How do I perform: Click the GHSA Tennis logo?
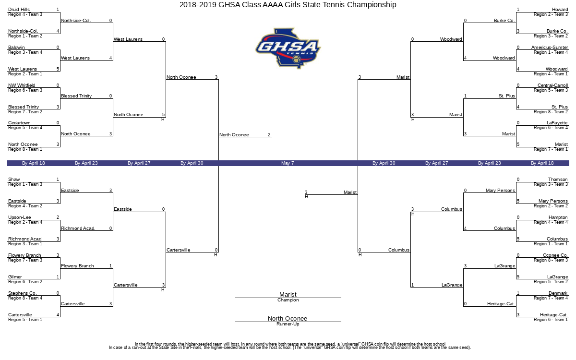point(288,48)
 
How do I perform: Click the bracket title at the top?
point(288,5)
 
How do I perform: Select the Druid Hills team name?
point(19,10)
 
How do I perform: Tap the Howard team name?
point(560,10)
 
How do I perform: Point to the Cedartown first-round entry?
point(19,123)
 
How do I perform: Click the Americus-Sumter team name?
point(550,48)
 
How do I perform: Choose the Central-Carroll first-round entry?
point(552,85)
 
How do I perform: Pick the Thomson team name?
point(557,180)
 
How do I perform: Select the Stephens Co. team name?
point(23,293)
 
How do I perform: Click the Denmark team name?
point(558,293)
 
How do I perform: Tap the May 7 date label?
point(288,163)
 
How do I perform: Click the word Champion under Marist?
point(288,300)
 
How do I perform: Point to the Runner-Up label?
point(288,324)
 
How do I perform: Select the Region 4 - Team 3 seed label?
point(25,14)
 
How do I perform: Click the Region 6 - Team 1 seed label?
point(551,320)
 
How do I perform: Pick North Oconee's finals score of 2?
point(269,135)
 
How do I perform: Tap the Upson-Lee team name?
point(19,217)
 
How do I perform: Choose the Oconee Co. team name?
point(555,255)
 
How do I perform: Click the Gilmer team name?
point(15,277)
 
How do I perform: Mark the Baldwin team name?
point(16,48)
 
